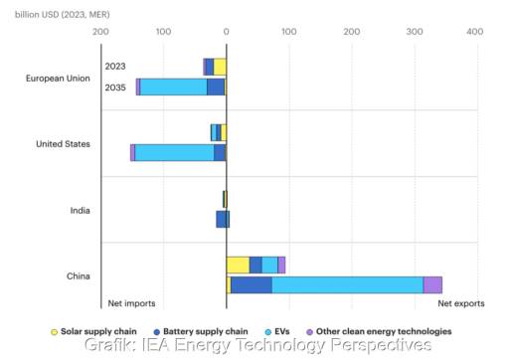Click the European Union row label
coord(59,78)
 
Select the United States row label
coord(63,143)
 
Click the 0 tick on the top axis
coord(227,31)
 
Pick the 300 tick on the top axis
coord(412,31)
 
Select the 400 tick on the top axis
coord(474,31)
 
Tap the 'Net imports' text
coord(131,303)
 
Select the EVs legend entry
coord(277,330)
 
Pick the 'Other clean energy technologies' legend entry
coord(378,330)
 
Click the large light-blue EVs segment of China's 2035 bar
coord(347,285)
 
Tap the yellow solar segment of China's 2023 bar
coord(238,265)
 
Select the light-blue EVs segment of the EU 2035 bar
coord(173,87)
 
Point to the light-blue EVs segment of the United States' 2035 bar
coord(174,152)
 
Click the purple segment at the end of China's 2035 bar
coord(432,285)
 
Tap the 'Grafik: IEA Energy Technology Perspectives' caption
coord(257,346)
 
